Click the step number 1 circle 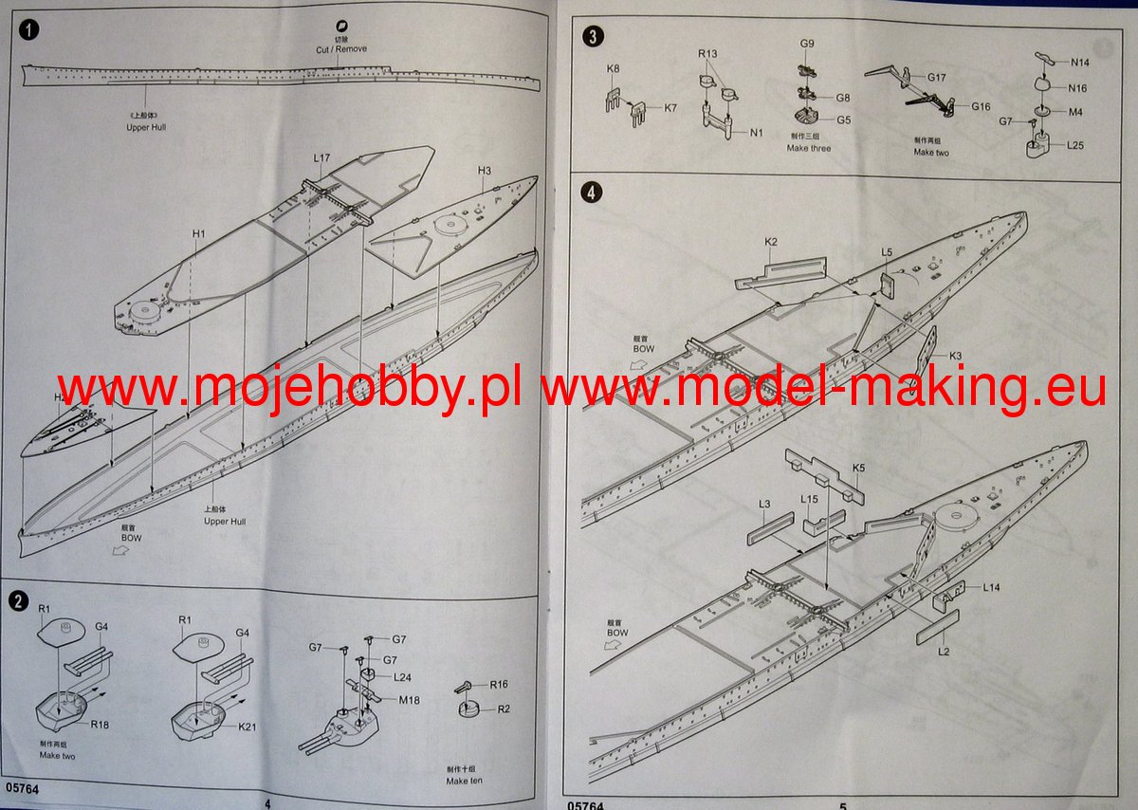click(31, 30)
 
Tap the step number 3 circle click(593, 37)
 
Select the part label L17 click(321, 158)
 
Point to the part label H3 click(484, 171)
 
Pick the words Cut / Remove click(341, 49)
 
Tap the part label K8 click(613, 69)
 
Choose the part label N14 click(1078, 63)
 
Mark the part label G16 click(981, 106)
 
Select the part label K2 click(771, 243)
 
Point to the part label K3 click(955, 356)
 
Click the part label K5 click(858, 468)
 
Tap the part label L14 click(991, 587)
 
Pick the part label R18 click(101, 725)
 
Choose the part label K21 click(248, 727)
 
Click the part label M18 click(410, 700)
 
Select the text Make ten click(464, 782)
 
